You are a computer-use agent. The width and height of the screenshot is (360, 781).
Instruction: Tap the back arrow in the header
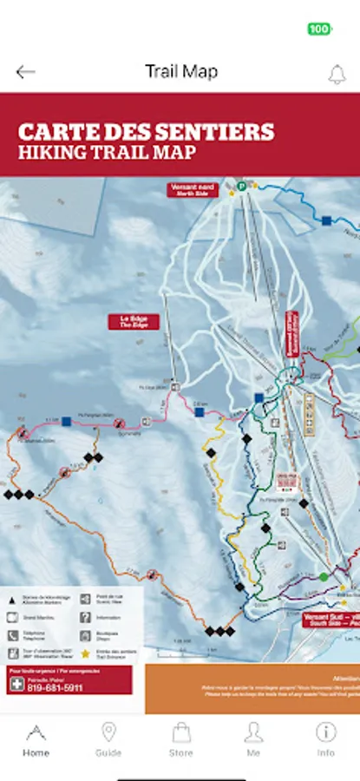click(x=25, y=72)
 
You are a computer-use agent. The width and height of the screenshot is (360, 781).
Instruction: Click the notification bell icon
click(x=337, y=74)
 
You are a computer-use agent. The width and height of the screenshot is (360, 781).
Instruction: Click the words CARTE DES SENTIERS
click(x=146, y=132)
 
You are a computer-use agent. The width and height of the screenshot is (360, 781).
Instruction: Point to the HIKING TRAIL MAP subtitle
click(x=107, y=153)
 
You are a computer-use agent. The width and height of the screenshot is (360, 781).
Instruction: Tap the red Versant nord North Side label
click(x=193, y=190)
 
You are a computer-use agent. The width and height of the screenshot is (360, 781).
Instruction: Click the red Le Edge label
click(x=134, y=321)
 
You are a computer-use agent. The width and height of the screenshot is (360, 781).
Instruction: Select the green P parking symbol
click(x=244, y=185)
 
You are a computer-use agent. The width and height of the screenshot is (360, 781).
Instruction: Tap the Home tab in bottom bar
click(x=36, y=738)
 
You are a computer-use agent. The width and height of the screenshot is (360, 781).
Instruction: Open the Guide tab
click(x=108, y=738)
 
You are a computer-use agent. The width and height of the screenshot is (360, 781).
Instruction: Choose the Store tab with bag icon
click(x=180, y=738)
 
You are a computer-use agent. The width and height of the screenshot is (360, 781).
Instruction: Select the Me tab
click(x=252, y=738)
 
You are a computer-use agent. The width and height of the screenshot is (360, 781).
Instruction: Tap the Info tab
click(x=325, y=738)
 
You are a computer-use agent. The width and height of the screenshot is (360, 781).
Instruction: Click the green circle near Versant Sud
click(x=324, y=576)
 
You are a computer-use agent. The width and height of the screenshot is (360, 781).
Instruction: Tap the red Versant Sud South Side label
click(x=331, y=620)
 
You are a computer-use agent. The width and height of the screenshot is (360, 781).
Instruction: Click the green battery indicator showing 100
click(x=319, y=29)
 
